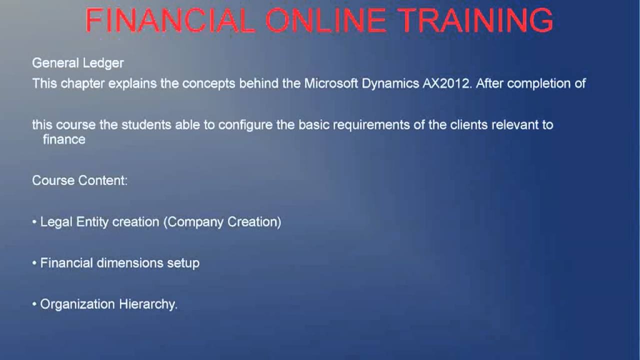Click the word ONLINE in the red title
(325, 21)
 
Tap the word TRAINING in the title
(476, 21)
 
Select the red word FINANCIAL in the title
(170, 21)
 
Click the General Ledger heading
(78, 63)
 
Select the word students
(146, 124)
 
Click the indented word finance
(64, 139)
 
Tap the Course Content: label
(80, 180)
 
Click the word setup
(183, 263)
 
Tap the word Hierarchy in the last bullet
(148, 304)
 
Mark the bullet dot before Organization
(34, 304)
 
